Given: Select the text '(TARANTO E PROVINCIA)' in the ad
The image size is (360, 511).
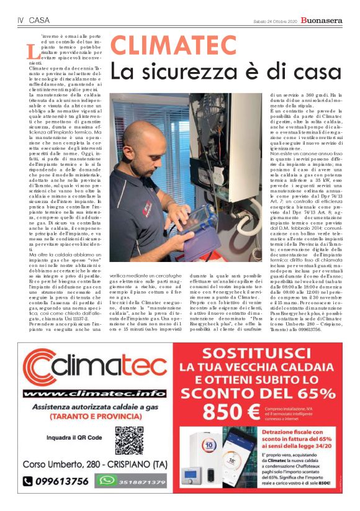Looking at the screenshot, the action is (x=92, y=414).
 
